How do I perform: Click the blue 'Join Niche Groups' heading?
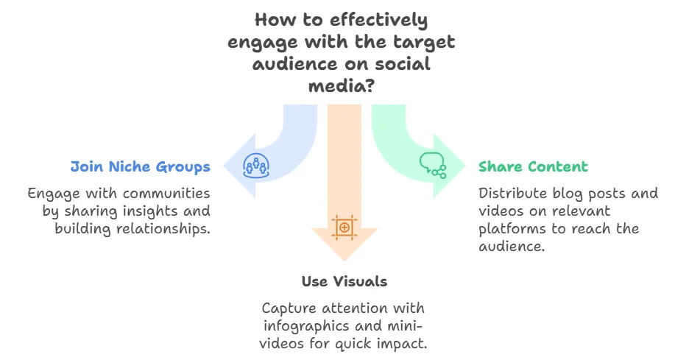[140, 167]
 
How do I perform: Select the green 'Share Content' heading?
[533, 167]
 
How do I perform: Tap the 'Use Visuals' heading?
[344, 281]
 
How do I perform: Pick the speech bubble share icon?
[433, 164]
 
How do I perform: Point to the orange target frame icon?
[344, 226]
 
